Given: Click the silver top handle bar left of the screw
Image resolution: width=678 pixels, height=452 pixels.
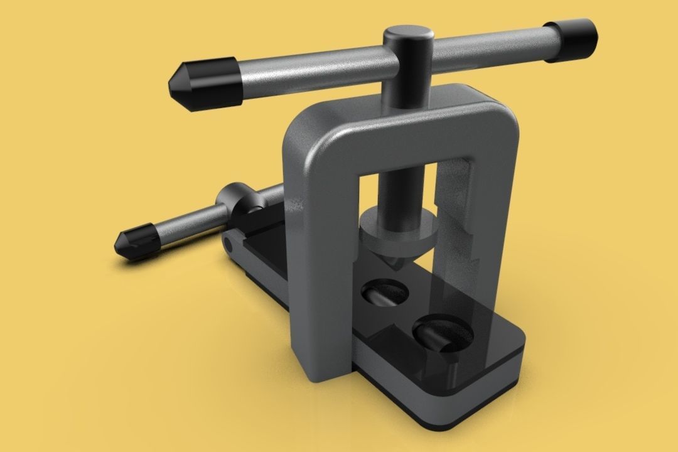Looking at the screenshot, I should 308,70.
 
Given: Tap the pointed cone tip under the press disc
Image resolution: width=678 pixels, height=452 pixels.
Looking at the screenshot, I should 395,264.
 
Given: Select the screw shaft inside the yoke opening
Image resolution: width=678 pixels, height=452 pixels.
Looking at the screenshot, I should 401,188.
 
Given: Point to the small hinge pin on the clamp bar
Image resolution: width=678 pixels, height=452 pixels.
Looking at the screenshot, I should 227,241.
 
